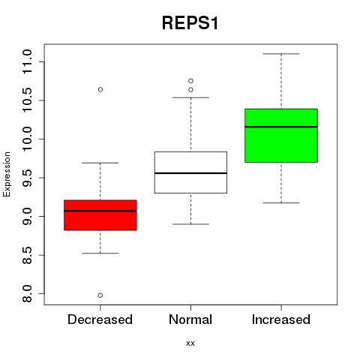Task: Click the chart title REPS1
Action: (190, 23)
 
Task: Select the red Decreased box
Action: (100, 215)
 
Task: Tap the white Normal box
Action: (190, 172)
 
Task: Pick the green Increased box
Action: (281, 136)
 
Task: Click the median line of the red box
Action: (100, 211)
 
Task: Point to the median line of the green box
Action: (281, 127)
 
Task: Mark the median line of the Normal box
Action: (190, 173)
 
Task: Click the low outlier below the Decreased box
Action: (100, 295)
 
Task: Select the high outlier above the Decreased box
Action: (100, 89)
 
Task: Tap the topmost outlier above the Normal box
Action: (190, 81)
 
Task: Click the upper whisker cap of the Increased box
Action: (281, 54)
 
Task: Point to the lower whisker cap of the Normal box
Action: (190, 224)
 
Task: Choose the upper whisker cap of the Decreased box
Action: (100, 163)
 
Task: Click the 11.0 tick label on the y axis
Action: (27, 61)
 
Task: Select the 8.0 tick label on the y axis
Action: (27, 294)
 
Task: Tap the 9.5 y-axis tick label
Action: (27, 178)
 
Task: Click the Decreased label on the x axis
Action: (100, 319)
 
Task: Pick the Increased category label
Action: (281, 319)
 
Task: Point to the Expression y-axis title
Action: (7, 174)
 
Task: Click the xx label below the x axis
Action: (190, 343)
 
